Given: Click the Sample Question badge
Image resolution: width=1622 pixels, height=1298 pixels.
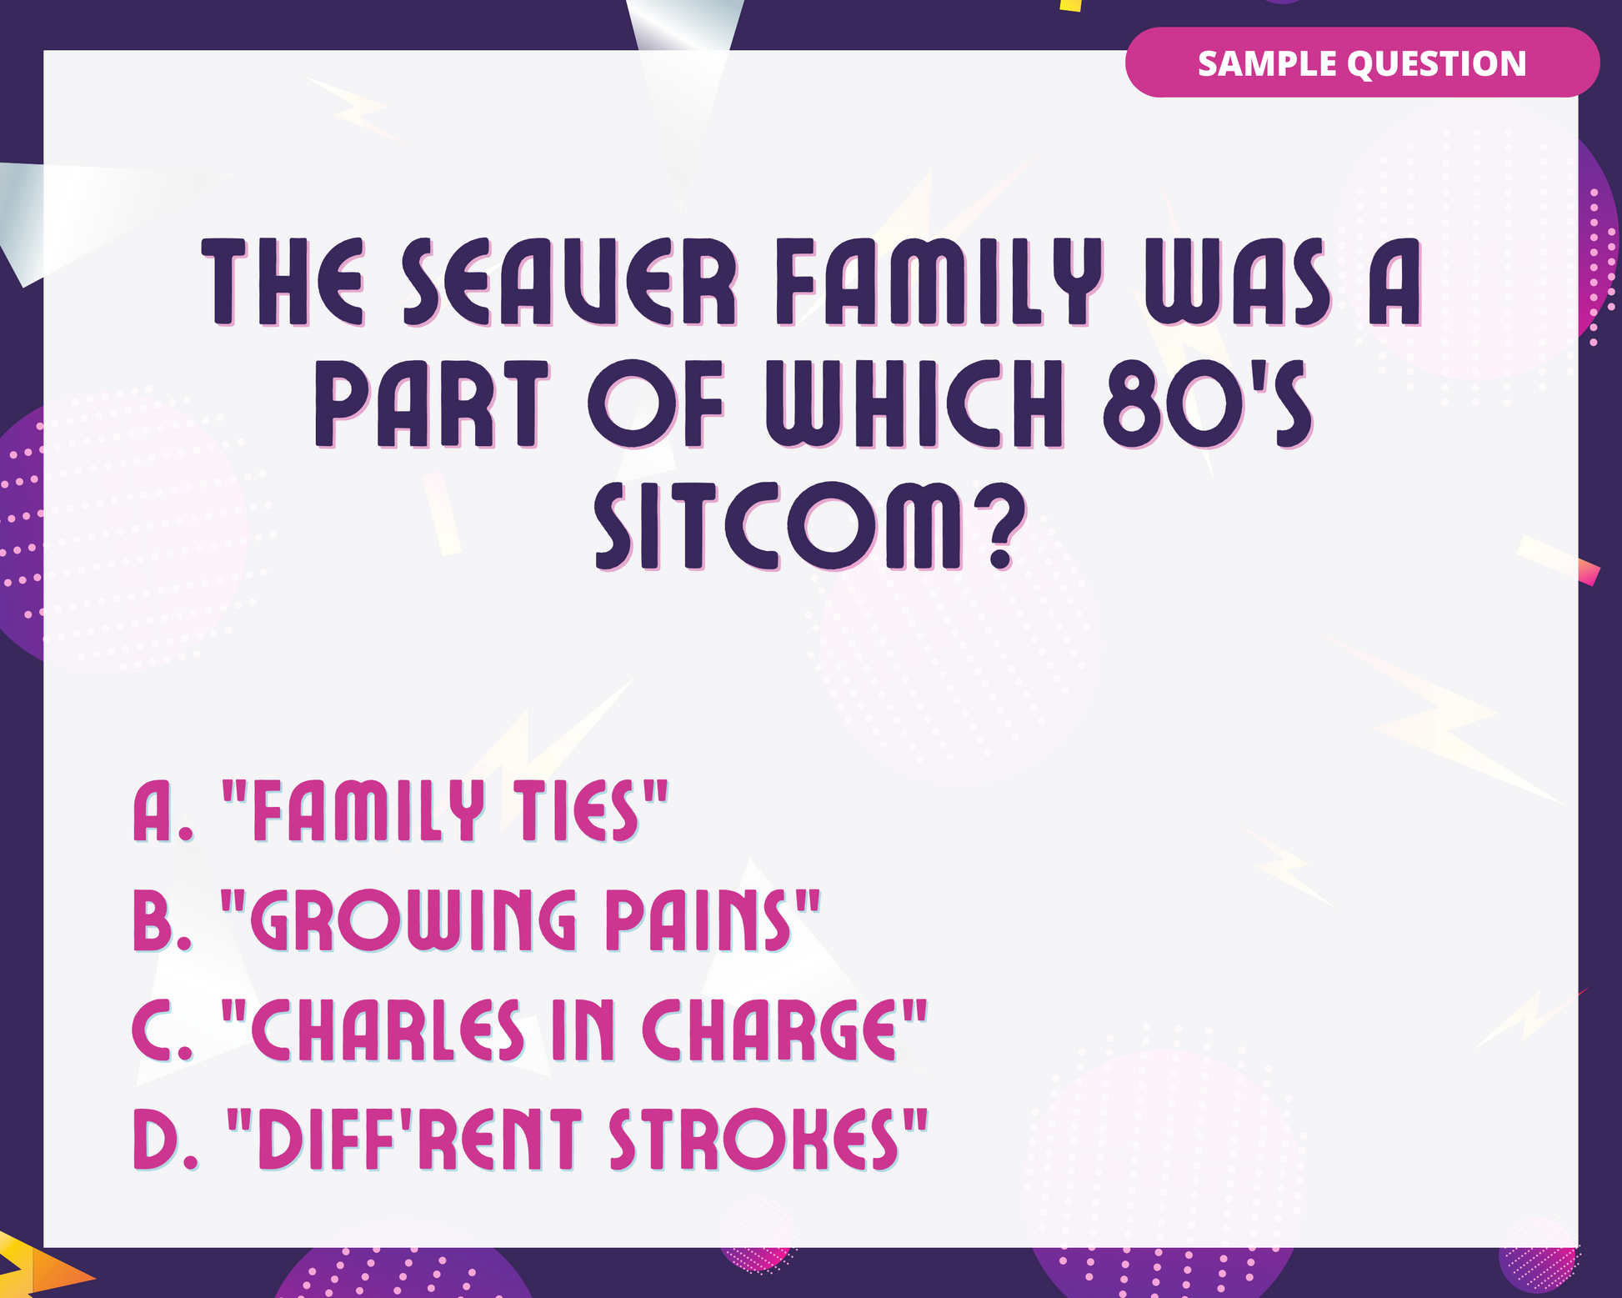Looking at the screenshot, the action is coord(1362,63).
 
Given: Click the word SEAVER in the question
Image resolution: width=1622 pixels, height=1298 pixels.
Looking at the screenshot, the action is coord(570,282).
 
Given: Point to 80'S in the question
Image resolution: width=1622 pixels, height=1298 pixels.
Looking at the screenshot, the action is coord(1208,404).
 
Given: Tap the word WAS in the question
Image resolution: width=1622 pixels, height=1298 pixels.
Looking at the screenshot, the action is coord(1238,282).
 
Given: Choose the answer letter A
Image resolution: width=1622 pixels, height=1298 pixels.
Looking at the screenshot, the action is coord(163,810).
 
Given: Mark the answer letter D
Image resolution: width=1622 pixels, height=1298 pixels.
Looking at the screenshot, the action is coord(165,1139).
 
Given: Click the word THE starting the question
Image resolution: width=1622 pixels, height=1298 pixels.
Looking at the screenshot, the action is coord(284,282).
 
